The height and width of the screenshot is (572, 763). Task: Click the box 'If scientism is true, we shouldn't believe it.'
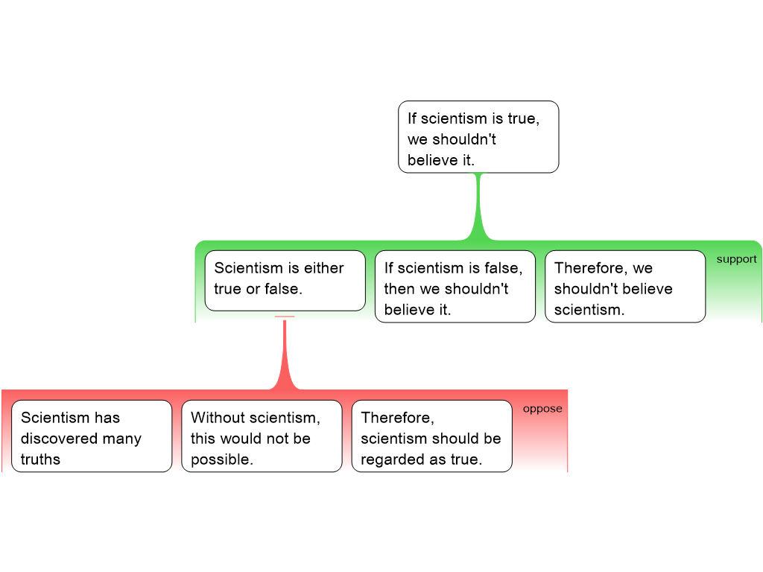[x=478, y=137]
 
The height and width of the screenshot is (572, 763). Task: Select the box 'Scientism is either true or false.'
[x=285, y=280]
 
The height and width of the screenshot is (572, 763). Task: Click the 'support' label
[x=736, y=259]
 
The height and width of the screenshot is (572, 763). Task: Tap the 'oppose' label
[x=542, y=409]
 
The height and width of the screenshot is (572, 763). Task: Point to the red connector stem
[x=285, y=354]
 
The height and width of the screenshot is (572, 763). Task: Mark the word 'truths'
[x=40, y=460]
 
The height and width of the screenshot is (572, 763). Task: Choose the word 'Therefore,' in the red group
[x=397, y=418]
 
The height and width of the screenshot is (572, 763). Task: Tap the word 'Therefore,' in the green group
[x=591, y=268]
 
